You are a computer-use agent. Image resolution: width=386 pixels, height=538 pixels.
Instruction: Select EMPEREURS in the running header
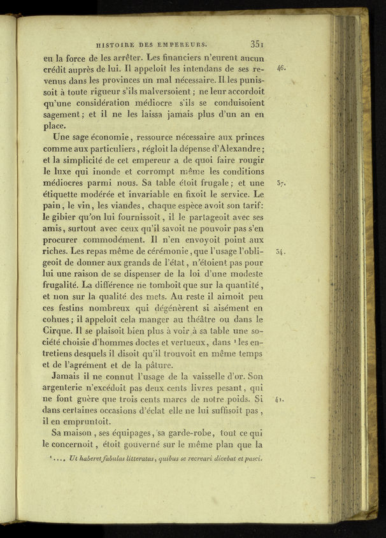182,45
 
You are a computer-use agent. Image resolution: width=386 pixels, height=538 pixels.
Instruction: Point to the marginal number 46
281,67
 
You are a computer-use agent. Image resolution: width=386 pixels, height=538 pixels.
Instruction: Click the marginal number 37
281,183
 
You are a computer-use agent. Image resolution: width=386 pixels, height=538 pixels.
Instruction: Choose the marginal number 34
281,251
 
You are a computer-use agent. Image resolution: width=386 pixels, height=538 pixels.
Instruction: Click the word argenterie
69,388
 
